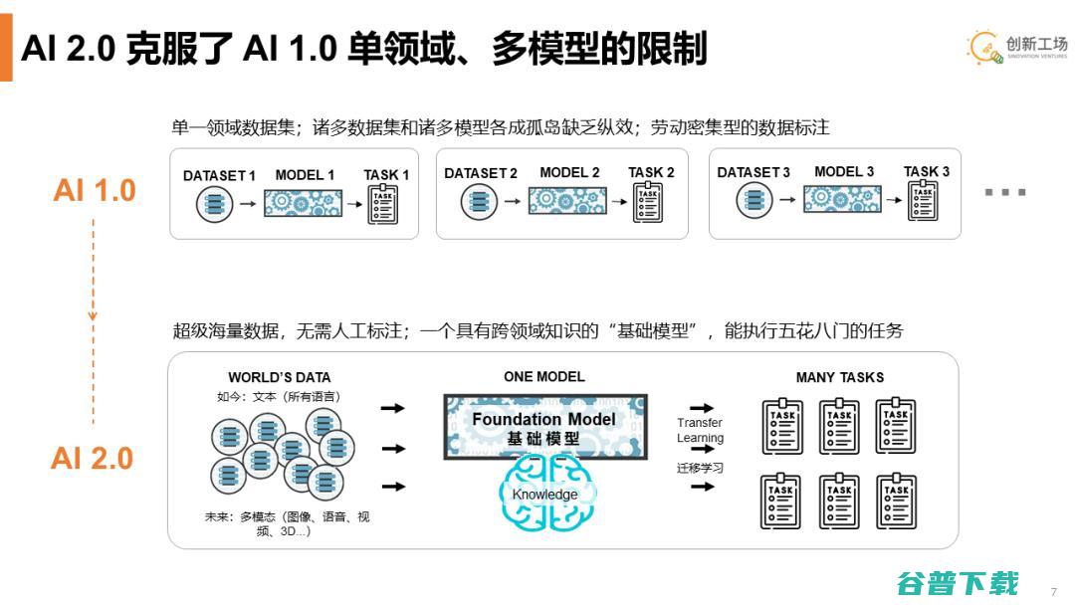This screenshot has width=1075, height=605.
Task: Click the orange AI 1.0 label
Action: pos(95,190)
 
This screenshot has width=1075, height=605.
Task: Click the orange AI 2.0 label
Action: pos(92,459)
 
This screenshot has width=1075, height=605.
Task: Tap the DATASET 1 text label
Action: pos(219,175)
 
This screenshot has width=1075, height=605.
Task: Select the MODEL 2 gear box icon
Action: pos(567,201)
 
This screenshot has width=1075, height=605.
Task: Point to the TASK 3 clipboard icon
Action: pos(923,201)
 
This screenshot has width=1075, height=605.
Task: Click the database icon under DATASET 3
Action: pos(754,200)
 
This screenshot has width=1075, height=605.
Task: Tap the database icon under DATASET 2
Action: pos(479,201)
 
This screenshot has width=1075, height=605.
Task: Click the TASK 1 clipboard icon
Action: pos(382,205)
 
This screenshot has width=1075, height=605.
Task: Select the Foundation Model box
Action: pos(545,427)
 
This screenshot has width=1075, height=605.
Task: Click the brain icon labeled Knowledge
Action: pos(547,494)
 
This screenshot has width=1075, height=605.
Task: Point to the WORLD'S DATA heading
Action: pos(279,377)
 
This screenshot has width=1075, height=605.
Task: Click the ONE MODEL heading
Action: pos(544,377)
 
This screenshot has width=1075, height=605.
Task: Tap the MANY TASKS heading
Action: pos(840,377)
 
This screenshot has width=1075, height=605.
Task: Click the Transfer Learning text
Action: pos(700,430)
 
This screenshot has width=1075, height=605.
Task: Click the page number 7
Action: pos(1054,592)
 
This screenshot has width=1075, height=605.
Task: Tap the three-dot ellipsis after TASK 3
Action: pos(1005,192)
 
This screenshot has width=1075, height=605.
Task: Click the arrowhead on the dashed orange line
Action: pos(93,315)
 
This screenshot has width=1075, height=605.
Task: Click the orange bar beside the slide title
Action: pos(6,48)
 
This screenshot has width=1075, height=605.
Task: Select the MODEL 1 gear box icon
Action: pos(303,204)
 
